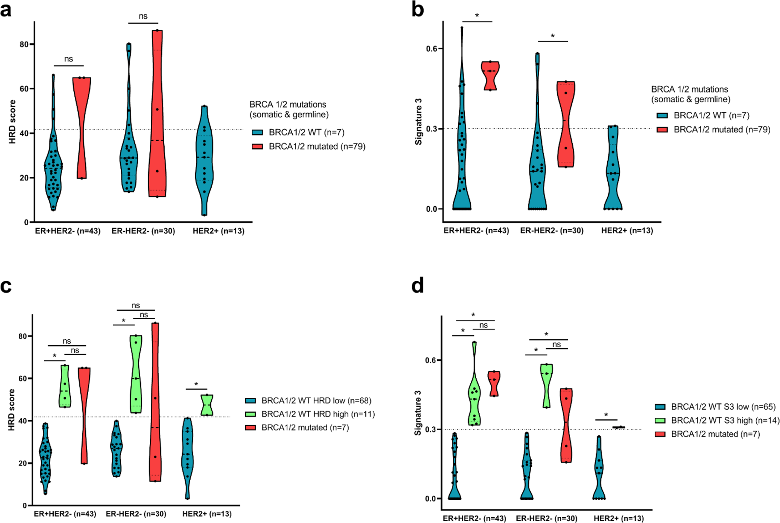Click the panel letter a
7,10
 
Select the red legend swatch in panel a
257,146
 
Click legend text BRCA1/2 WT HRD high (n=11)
318,414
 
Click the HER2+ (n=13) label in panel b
627,231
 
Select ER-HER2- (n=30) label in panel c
136,514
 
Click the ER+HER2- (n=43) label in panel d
474,519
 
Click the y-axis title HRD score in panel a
13,122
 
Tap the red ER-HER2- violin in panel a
157,112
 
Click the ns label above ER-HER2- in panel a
143,16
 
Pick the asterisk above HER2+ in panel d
606,415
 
